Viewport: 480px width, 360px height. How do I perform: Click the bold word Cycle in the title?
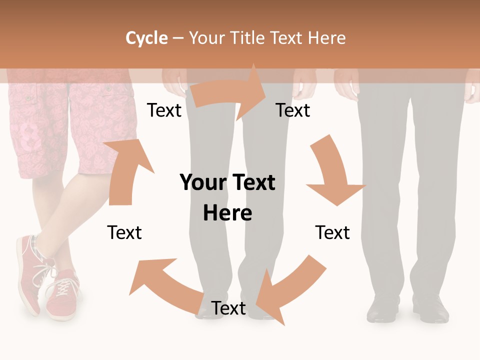click(x=146, y=38)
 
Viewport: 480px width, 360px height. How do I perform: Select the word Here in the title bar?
click(x=326, y=38)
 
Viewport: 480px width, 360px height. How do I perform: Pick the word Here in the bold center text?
click(x=227, y=213)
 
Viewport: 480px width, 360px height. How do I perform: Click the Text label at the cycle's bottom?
click(x=228, y=308)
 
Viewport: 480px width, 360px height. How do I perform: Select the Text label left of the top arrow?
click(x=164, y=110)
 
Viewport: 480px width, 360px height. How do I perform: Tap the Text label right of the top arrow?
click(x=293, y=110)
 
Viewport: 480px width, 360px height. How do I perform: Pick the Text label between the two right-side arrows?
click(x=332, y=233)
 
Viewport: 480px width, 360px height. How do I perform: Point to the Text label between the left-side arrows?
click(x=124, y=233)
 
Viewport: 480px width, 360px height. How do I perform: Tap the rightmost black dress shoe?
click(x=431, y=309)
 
